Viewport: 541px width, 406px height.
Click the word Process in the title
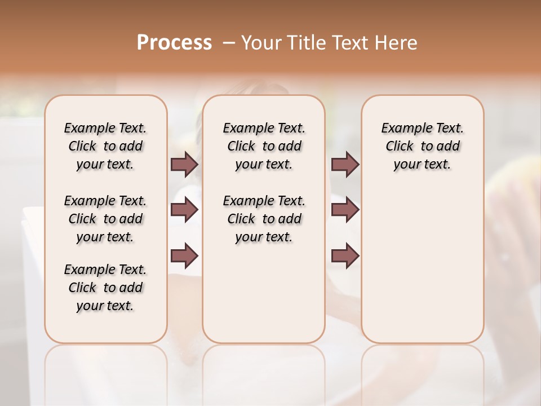(174, 42)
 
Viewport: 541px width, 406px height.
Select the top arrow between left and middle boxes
(184, 164)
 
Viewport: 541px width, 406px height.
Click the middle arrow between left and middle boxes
(184, 210)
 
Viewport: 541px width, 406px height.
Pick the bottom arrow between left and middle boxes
(184, 255)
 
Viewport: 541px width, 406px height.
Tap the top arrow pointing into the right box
(345, 164)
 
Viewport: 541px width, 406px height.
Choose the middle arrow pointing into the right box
(345, 210)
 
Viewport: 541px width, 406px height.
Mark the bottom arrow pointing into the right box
(345, 255)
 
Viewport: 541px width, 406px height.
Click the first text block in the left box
(105, 146)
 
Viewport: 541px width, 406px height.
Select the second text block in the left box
(105, 219)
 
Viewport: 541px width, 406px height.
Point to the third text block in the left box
(105, 288)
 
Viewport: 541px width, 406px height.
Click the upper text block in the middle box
(264, 146)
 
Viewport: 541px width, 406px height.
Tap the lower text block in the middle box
(264, 219)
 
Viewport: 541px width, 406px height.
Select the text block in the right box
(422, 146)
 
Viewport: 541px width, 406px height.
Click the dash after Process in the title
(228, 43)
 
